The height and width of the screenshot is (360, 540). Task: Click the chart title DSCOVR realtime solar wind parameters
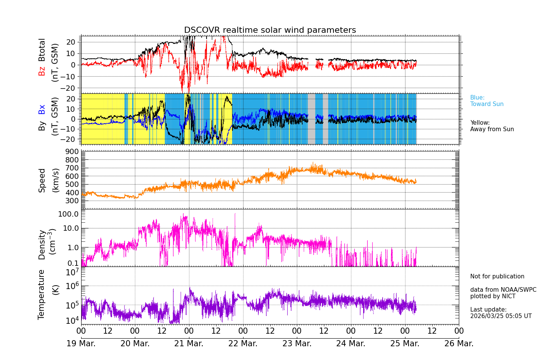[x=270, y=30]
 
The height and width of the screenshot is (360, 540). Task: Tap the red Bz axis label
[x=42, y=71]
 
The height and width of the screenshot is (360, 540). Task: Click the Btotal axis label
[x=42, y=50]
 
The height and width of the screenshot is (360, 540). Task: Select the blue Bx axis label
[x=42, y=109]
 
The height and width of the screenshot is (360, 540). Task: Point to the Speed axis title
[x=42, y=180]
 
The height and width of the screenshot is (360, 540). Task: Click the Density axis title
[x=42, y=244]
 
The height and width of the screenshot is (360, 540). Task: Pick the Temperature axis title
[x=42, y=294]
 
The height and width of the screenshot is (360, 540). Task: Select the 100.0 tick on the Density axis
[x=68, y=214]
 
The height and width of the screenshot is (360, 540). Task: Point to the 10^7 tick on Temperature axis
[x=72, y=272]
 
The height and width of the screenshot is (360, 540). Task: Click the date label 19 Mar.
[x=81, y=344]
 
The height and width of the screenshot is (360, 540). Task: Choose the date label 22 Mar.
[x=243, y=344]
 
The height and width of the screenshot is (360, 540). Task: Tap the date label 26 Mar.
[x=459, y=344]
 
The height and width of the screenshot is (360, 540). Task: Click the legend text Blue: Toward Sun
[x=487, y=101]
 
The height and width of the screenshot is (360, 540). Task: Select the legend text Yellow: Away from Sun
[x=492, y=126]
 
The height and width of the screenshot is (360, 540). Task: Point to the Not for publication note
[x=497, y=276]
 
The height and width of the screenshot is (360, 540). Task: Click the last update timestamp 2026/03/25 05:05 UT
[x=501, y=316]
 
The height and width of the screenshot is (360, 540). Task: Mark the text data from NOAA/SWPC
[x=503, y=290]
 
